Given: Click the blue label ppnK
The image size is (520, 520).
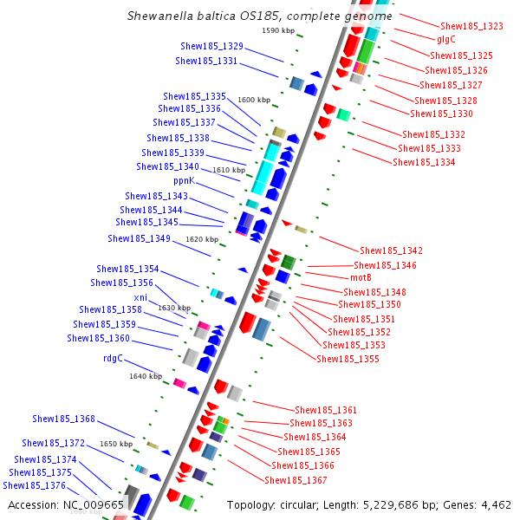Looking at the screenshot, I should point(185,181).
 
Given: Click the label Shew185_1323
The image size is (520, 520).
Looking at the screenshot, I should point(471,27).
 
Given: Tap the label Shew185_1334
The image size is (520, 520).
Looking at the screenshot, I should point(424,162).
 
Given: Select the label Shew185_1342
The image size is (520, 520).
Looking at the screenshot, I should point(391,250).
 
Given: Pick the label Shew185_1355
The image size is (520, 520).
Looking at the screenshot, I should point(348,359).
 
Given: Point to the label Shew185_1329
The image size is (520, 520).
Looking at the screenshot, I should point(211,46).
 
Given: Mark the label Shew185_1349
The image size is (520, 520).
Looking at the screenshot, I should point(139,238).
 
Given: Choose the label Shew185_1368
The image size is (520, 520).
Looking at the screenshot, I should point(64,419).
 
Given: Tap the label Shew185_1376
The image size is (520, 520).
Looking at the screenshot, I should point(34,486).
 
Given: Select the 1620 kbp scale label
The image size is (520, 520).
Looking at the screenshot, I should point(202,239).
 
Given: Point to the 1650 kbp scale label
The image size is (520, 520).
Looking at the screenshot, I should point(116,444).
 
